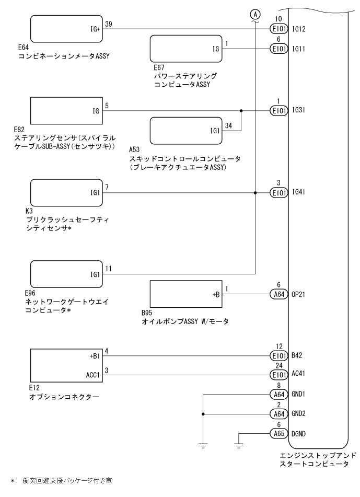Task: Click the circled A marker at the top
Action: (255, 14)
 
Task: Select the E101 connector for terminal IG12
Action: (279, 29)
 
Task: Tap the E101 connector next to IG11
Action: (279, 49)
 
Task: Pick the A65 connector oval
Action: (279, 434)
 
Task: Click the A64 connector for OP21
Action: (279, 294)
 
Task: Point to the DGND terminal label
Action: (298, 434)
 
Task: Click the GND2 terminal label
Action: (298, 413)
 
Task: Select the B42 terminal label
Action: (297, 355)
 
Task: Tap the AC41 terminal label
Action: (298, 373)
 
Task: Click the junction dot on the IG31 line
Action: (241, 111)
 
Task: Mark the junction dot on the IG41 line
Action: (255, 193)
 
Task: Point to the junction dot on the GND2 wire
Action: (203, 414)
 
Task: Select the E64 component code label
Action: (24, 47)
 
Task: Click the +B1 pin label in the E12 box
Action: (95, 356)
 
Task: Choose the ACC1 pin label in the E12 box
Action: (93, 375)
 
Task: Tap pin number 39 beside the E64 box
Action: (108, 24)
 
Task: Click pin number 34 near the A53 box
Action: (228, 126)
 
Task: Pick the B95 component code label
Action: (147, 313)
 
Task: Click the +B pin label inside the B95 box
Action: (216, 295)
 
